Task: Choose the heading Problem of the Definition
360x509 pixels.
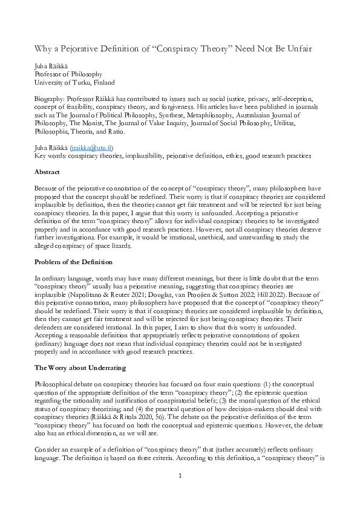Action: pyautogui.click(x=72, y=263)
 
